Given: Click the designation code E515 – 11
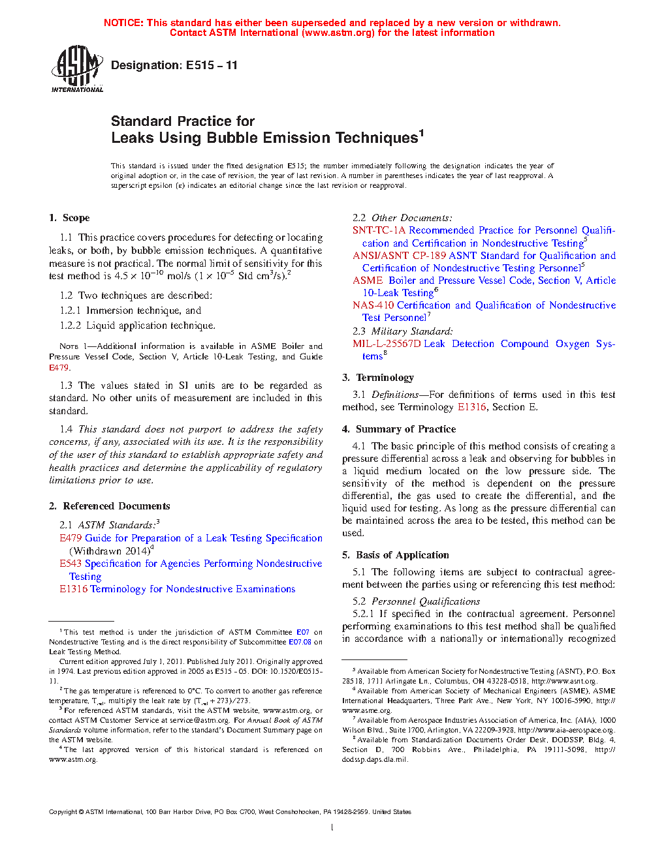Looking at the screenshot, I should [x=212, y=65].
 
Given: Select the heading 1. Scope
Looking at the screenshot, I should [x=69, y=218].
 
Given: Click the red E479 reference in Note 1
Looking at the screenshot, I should [x=58, y=368].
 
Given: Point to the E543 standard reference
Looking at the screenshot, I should [x=71, y=564].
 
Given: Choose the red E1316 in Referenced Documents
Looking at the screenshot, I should [x=73, y=589].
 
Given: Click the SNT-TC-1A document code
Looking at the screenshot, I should [x=379, y=230].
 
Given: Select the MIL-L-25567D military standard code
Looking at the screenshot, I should [x=387, y=344].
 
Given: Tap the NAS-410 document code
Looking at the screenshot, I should [x=373, y=305].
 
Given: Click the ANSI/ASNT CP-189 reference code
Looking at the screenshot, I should [x=399, y=256].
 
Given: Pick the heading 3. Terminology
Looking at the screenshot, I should [x=378, y=378].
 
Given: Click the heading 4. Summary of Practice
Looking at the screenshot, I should [x=399, y=429].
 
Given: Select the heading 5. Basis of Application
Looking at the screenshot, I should [x=396, y=555].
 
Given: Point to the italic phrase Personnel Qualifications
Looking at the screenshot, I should [x=426, y=601].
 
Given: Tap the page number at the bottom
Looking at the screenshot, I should [x=332, y=828].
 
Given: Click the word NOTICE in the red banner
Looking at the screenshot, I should [x=123, y=23].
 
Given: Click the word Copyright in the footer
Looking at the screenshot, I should [x=63, y=812].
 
